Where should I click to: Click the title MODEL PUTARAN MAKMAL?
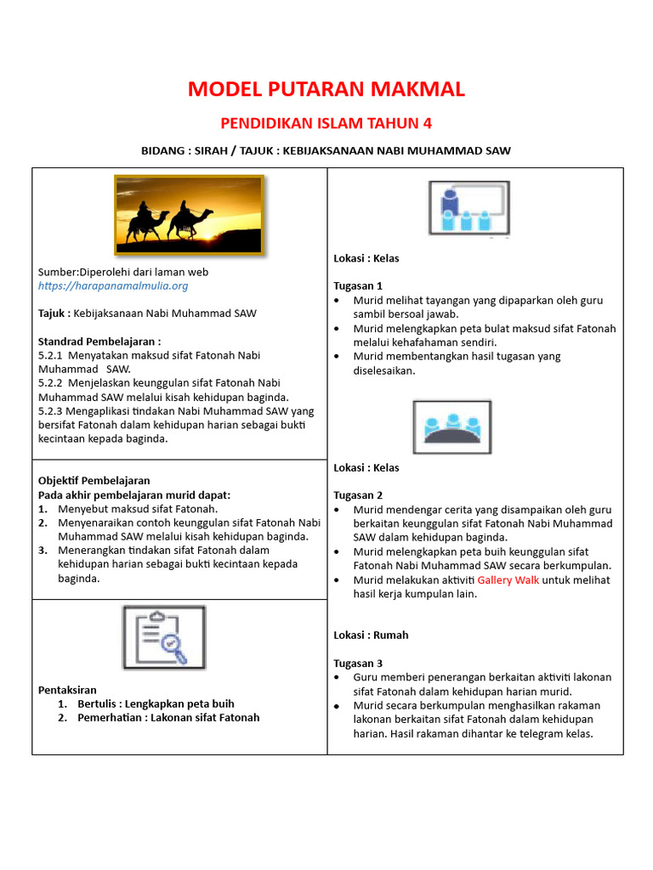(x=326, y=89)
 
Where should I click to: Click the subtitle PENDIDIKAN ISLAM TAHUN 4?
(x=326, y=124)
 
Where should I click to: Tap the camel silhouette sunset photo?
(x=189, y=213)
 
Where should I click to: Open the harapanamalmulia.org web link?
(x=113, y=286)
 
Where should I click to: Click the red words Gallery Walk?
(x=508, y=580)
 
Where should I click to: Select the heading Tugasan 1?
(x=358, y=286)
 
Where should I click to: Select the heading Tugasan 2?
(x=358, y=495)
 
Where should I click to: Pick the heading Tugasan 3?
(x=358, y=663)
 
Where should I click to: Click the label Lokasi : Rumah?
(x=371, y=635)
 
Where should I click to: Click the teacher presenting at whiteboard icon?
(x=468, y=209)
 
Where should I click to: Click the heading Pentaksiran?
(x=68, y=690)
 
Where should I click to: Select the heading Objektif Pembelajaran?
(x=94, y=481)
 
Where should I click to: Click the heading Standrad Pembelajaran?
(x=99, y=342)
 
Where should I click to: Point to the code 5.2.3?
(x=53, y=411)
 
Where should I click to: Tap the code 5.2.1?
(x=53, y=356)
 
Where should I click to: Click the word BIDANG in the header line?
(x=164, y=151)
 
